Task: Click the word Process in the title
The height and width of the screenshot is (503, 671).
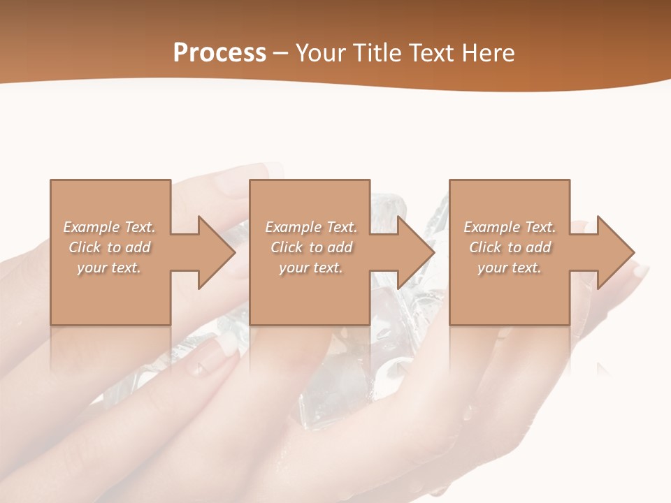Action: coord(219,53)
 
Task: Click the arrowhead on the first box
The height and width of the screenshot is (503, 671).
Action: coord(216,252)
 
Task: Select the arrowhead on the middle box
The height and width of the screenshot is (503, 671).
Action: coord(416,252)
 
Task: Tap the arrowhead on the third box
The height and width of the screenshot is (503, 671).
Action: coord(615,252)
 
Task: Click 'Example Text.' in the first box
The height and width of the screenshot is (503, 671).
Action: coord(109,227)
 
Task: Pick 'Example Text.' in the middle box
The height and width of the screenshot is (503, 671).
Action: coord(310,227)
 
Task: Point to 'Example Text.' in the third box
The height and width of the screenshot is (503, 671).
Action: coord(510,227)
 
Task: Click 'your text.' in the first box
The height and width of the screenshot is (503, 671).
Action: coord(109,268)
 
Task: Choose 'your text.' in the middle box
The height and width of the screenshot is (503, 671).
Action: coord(310,268)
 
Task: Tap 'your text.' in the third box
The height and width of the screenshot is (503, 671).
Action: coord(510,268)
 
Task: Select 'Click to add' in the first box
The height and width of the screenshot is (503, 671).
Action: coord(109,247)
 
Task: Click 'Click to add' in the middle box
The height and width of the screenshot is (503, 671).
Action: coord(310,247)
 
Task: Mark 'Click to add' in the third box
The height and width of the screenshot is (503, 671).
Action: coord(510,247)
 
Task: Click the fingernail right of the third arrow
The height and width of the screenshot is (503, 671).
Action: coord(640,270)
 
